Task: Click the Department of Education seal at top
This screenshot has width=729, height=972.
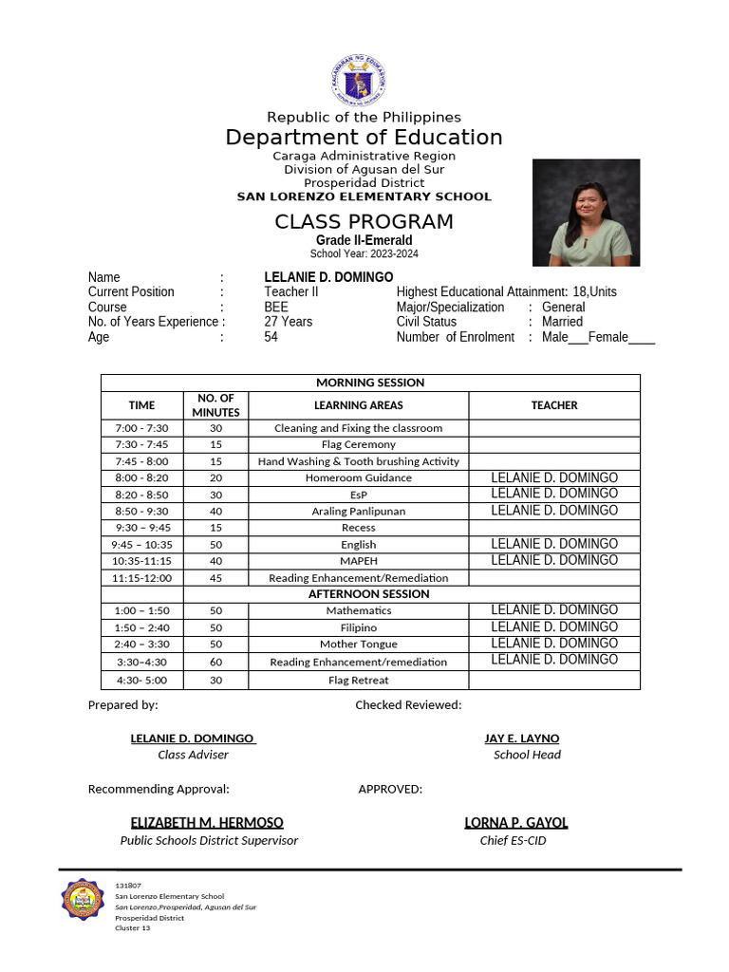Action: click(359, 81)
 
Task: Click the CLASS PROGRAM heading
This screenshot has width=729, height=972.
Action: click(364, 222)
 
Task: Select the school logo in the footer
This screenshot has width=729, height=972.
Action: click(83, 904)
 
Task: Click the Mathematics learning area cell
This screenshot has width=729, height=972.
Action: click(358, 610)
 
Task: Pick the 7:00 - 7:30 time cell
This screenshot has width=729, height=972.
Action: click(141, 428)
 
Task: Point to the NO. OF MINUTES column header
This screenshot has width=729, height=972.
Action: click(215, 405)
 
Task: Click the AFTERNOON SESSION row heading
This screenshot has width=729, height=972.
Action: click(368, 594)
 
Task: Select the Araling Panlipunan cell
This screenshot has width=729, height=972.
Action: click(358, 511)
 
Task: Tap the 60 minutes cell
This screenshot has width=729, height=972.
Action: click(215, 662)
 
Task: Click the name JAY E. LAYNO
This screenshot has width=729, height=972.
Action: click(521, 738)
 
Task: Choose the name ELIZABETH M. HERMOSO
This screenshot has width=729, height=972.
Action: click(207, 823)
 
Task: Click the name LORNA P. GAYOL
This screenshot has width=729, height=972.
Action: click(515, 823)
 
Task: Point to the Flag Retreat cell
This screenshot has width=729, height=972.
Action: click(358, 680)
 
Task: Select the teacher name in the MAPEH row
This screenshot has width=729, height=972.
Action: click(554, 560)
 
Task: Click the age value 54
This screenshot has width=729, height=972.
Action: click(271, 337)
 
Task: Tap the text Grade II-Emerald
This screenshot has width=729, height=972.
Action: click(364, 240)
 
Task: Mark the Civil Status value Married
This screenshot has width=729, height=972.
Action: click(563, 322)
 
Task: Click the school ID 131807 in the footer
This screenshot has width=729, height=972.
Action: click(128, 886)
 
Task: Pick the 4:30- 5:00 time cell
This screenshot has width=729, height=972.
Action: click(141, 680)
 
